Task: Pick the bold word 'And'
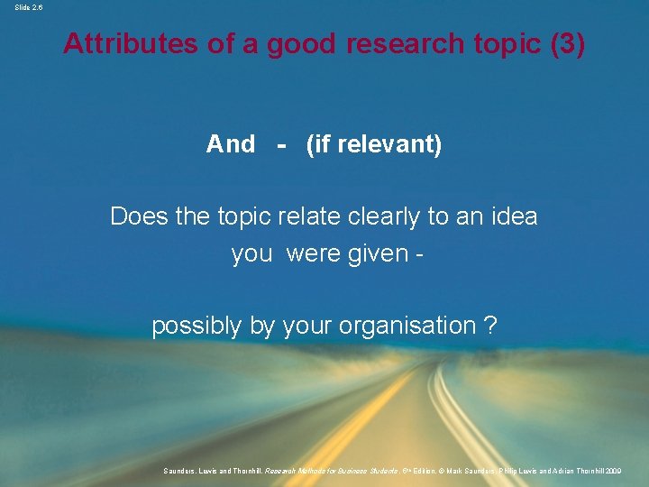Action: [x=230, y=144]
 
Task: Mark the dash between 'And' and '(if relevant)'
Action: [x=282, y=144]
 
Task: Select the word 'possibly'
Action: [x=197, y=326]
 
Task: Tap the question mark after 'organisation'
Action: [x=490, y=326]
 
